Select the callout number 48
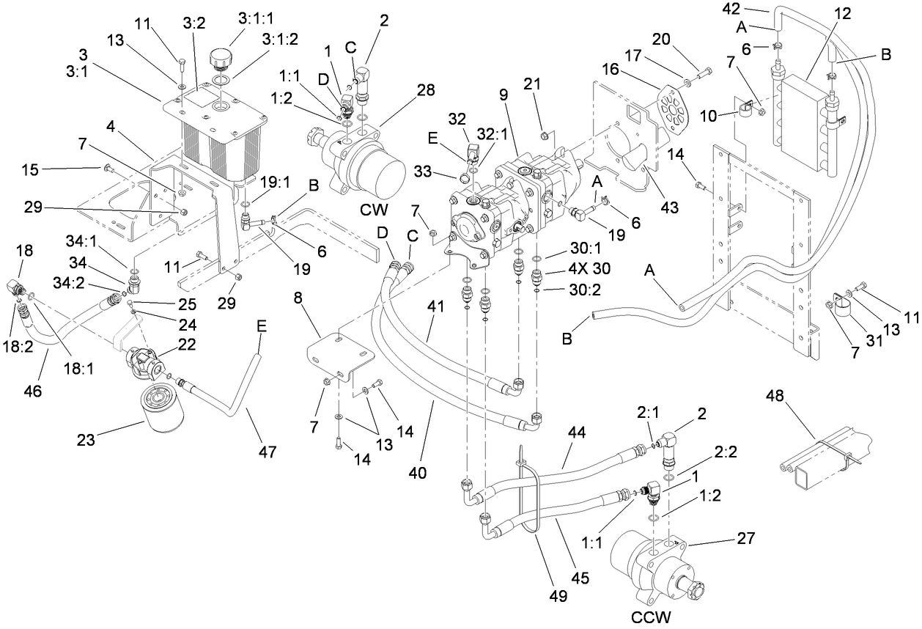point(775,397)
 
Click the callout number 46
point(34,392)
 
